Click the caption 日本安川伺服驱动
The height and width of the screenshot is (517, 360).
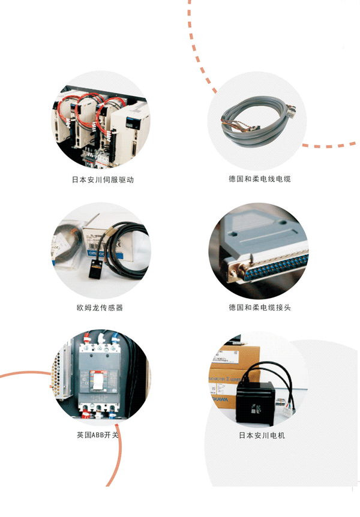[103, 180]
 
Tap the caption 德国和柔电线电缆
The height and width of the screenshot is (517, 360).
[260, 179]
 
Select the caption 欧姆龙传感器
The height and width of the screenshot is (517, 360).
[100, 308]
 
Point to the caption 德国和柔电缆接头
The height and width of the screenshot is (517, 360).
[260, 308]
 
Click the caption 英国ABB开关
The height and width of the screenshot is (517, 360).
[97, 435]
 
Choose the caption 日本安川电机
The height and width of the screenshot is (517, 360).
[262, 435]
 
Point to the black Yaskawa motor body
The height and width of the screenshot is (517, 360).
[256, 402]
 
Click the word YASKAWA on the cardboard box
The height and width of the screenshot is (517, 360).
[220, 399]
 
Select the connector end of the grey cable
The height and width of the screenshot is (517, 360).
[291, 110]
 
